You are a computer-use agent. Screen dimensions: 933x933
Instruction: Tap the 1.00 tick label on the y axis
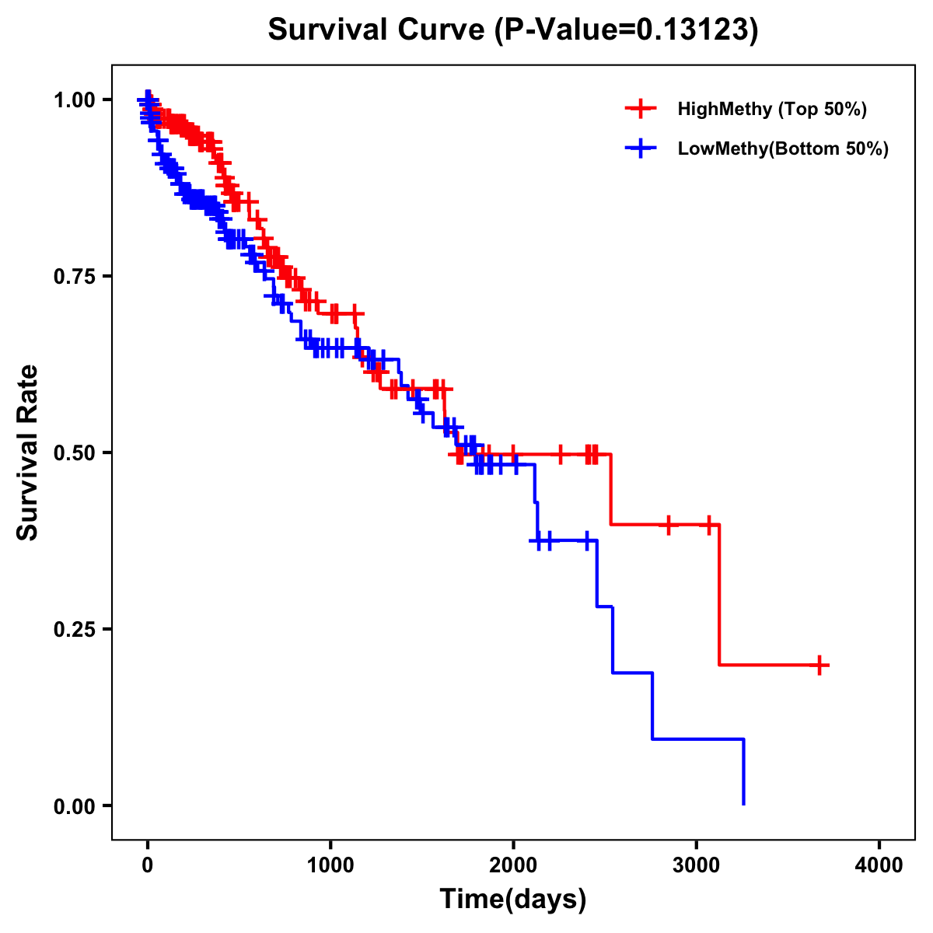coord(75,100)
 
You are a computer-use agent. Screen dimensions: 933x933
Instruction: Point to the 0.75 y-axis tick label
coord(75,276)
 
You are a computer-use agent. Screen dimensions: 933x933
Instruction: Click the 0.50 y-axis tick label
coord(75,453)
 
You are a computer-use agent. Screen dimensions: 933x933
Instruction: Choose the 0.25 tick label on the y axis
coord(75,629)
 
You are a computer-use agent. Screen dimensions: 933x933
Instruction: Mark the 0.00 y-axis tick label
coord(75,805)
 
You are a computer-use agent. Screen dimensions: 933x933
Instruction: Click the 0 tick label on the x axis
coord(148,865)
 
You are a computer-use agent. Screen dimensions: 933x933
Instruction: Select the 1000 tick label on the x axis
coord(330,865)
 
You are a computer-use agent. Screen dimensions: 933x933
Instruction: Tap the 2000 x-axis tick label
coord(513,865)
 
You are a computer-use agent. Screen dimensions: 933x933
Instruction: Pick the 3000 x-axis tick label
coord(697,865)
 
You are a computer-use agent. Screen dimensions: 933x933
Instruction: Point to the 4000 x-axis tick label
coord(879,865)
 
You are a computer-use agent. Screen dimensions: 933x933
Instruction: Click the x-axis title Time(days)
coord(513,900)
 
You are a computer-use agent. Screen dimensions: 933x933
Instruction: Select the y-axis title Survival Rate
coord(28,453)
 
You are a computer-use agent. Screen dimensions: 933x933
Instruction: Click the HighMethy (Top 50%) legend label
coord(772,109)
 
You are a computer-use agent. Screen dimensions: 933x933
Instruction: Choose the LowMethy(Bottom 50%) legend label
coord(783,149)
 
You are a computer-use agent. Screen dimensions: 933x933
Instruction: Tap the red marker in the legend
coord(641,109)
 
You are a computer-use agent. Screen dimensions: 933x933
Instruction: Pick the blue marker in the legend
coord(641,149)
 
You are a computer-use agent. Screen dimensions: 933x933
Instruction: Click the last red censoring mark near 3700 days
coord(819,666)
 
